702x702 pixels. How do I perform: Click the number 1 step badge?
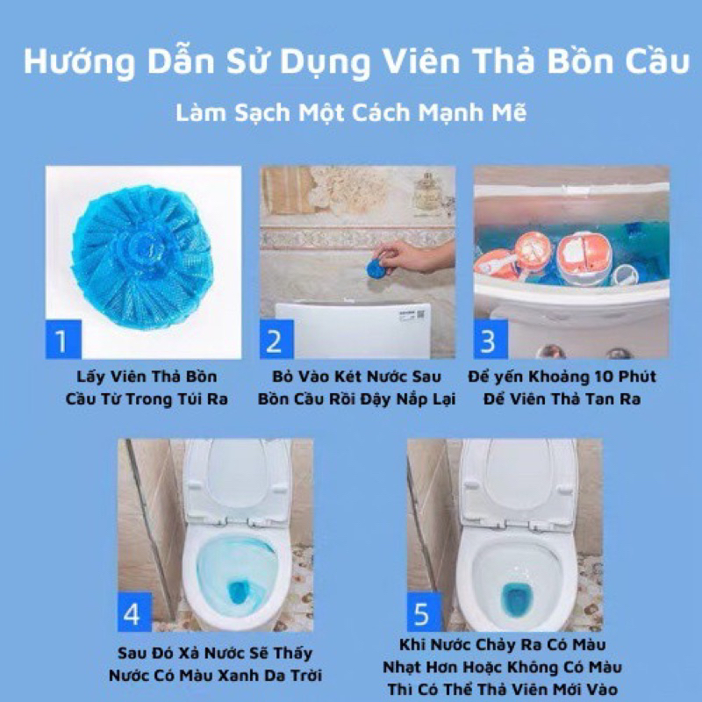pyautogui.click(x=62, y=339)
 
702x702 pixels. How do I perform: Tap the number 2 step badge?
pyautogui.click(x=275, y=340)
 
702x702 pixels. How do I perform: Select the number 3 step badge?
pyautogui.click(x=491, y=340)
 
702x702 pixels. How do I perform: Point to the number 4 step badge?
pyautogui.click(x=133, y=612)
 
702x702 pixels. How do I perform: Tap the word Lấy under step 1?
pyautogui.click(x=85, y=376)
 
